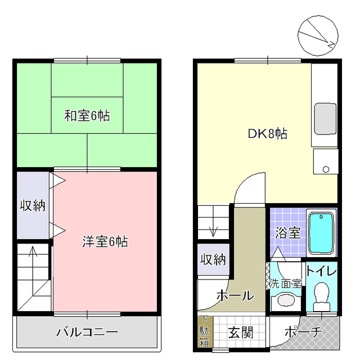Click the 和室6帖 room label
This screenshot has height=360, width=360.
87,116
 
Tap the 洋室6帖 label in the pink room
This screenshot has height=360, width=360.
105,242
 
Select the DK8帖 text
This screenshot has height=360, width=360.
268,134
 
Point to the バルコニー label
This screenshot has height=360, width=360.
87,332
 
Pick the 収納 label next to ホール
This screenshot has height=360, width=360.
213,259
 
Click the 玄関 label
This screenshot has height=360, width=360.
240,332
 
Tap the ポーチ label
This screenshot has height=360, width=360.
303,332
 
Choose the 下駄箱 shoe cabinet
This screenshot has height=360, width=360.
203,332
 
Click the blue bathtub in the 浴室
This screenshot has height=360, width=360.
322,233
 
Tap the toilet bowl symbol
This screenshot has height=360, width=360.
322,295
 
